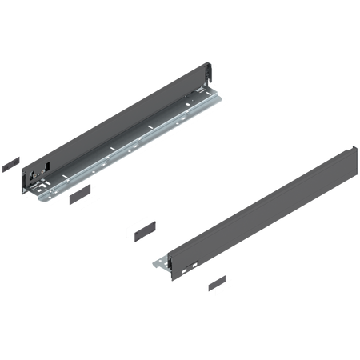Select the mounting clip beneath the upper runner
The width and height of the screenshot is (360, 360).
[84, 198]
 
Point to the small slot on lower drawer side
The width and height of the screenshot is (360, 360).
[190, 262]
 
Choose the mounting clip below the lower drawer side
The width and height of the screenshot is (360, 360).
[214, 286]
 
